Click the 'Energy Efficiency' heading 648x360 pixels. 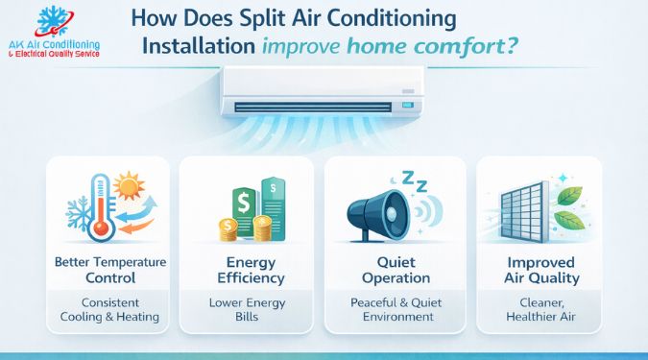pos(247,270)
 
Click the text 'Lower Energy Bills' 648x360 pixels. pos(247,309)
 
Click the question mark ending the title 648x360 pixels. pos(515,45)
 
